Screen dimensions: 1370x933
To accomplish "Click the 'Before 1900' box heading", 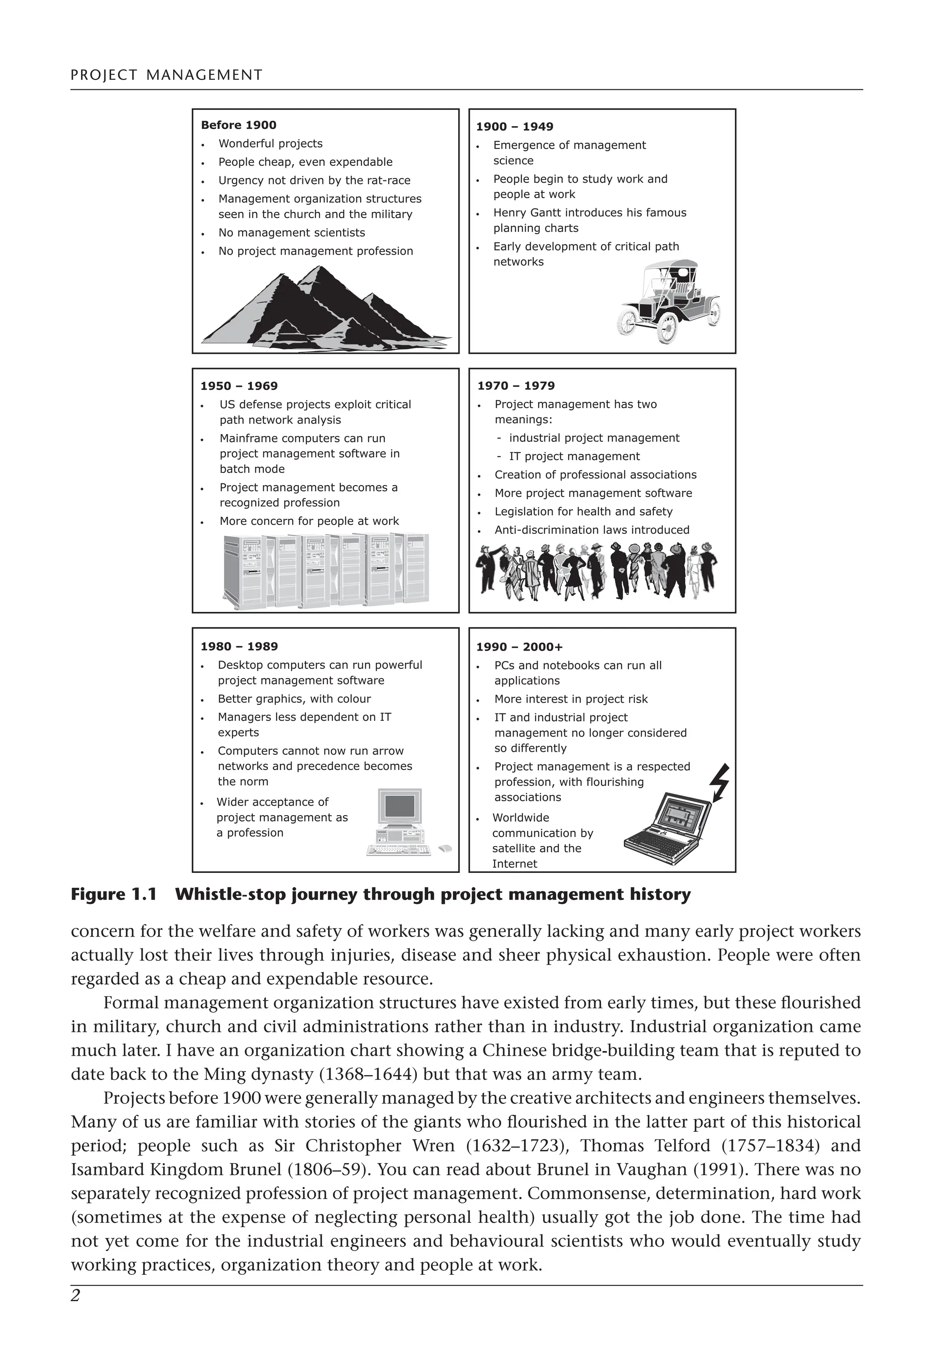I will pos(238,125).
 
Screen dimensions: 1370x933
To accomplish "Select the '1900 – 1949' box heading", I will pos(514,127).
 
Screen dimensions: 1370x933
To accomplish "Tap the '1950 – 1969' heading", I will pos(239,386).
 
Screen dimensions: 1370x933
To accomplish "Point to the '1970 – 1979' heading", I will pos(516,386).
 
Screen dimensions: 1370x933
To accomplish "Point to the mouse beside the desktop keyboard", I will pos(445,849).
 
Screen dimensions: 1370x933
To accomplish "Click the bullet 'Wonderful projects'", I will pos(270,144).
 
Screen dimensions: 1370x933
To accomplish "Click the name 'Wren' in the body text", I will pos(434,1145).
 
